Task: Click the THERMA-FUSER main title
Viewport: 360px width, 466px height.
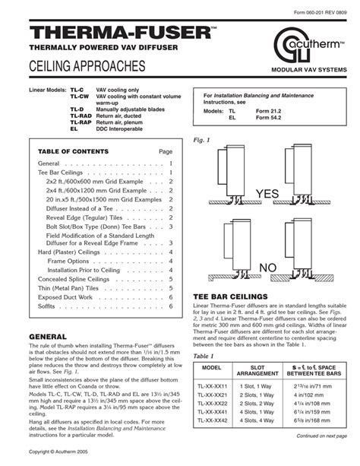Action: tap(111, 31)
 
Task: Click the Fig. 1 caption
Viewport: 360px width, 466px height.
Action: tap(201, 141)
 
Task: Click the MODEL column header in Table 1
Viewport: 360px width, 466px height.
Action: tap(212, 368)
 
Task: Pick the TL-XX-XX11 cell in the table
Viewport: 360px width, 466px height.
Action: tap(212, 386)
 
